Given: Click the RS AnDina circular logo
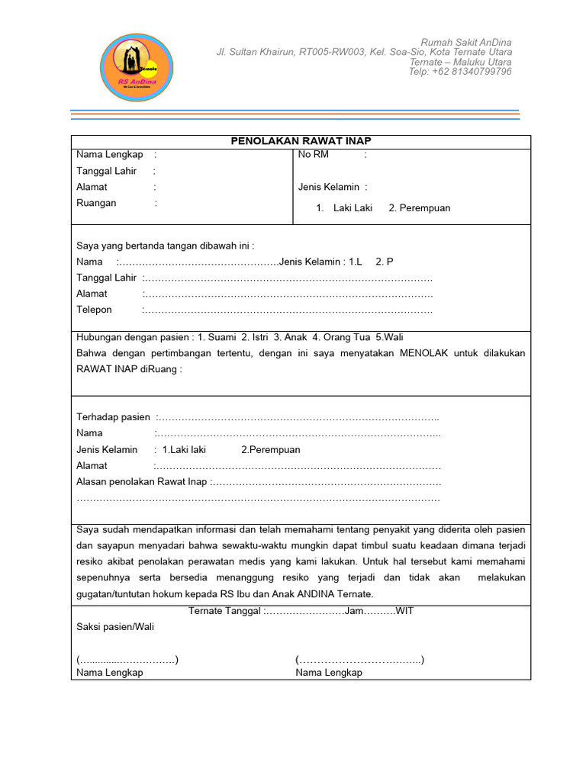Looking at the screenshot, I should coord(137,68).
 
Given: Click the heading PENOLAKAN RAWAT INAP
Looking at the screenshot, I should coord(301,141).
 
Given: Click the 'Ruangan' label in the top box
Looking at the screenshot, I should coord(96,203).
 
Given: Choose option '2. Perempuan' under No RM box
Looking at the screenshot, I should coord(419,207).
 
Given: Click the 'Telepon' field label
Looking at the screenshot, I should coord(94,310).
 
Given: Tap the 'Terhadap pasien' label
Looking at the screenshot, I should coord(113,417).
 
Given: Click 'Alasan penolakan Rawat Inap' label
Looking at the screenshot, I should coord(142,482).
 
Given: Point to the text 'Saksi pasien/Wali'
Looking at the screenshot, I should coord(115,626).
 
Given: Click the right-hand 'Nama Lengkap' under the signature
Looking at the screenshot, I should coord(329,673).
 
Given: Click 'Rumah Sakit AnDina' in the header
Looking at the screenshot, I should coord(466,41).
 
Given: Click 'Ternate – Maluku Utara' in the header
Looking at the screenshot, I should coord(461,62).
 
